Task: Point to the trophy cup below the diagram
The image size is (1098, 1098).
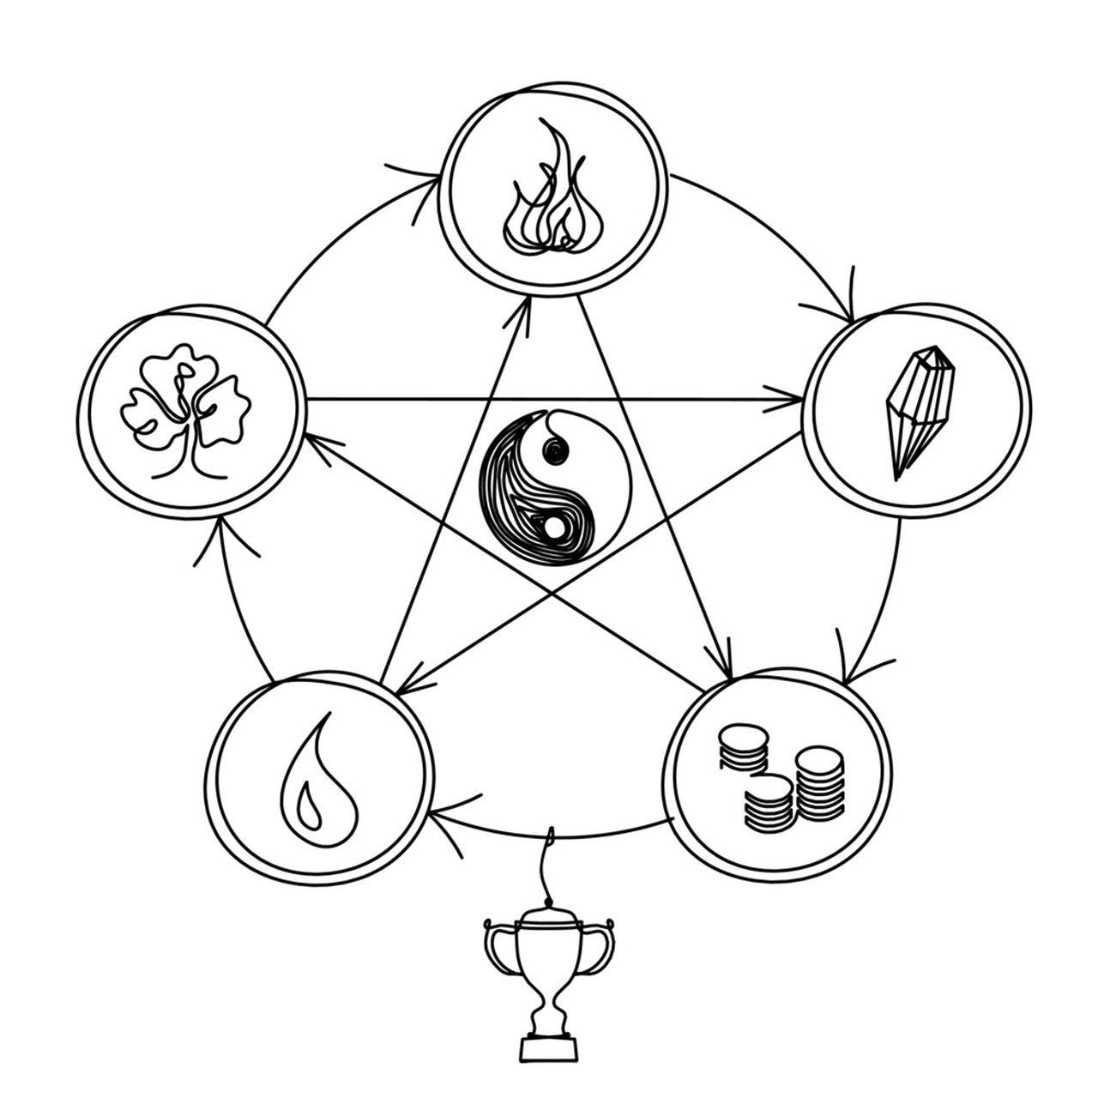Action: (549, 978)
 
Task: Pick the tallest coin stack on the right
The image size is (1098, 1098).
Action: (819, 782)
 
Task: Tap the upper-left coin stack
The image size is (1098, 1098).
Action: (742, 746)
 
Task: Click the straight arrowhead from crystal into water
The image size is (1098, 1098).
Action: (407, 682)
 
